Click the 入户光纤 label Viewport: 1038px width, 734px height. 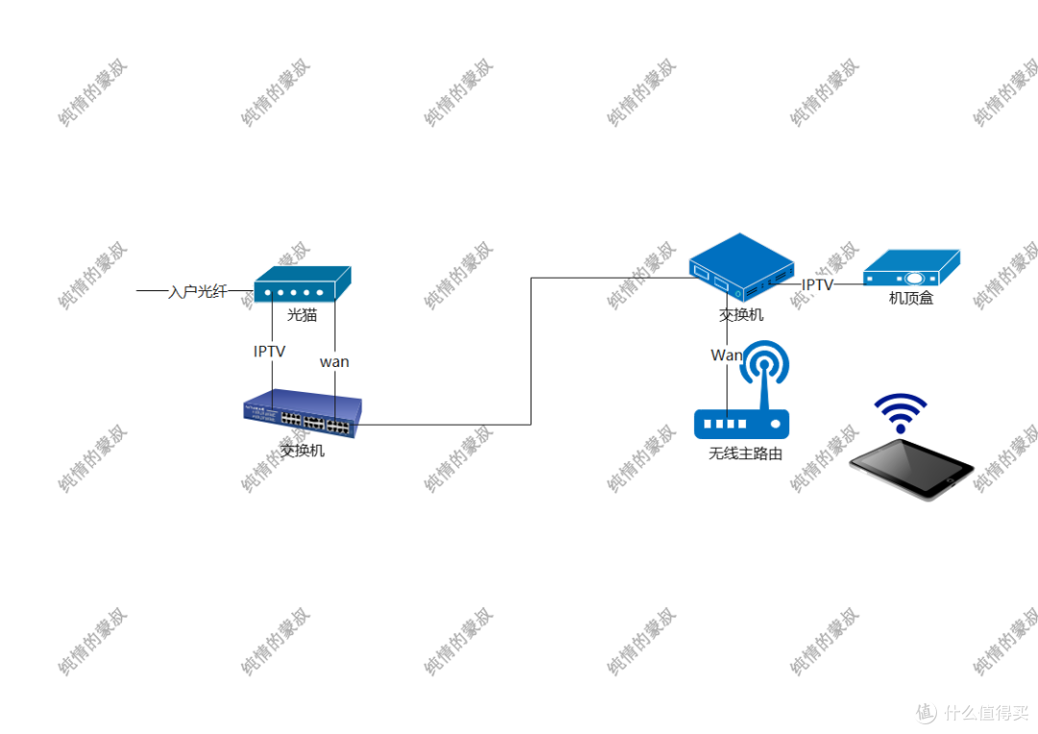(x=198, y=291)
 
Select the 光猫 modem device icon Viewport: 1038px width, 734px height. (x=302, y=284)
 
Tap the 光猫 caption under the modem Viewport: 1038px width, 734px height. (x=302, y=314)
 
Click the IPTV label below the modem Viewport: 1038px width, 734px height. (x=270, y=353)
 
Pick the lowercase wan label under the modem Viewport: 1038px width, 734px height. (x=334, y=362)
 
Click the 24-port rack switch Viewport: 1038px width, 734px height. (x=302, y=414)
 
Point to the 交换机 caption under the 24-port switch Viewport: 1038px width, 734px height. (x=302, y=450)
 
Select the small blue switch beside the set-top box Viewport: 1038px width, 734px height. (x=741, y=268)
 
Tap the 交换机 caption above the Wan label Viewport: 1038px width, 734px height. (x=741, y=314)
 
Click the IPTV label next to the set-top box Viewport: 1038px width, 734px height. (x=817, y=285)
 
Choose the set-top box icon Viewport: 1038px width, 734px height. (x=911, y=268)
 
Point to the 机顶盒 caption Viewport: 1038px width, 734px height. (x=911, y=299)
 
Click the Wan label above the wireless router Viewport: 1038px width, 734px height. (x=726, y=355)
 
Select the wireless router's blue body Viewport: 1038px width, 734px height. (x=741, y=423)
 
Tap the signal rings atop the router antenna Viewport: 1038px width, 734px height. (x=766, y=363)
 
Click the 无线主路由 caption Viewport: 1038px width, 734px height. (x=745, y=453)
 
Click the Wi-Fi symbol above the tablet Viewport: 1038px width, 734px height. (x=900, y=411)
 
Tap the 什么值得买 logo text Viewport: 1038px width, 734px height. (x=984, y=712)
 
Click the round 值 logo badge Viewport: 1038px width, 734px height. (x=925, y=712)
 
